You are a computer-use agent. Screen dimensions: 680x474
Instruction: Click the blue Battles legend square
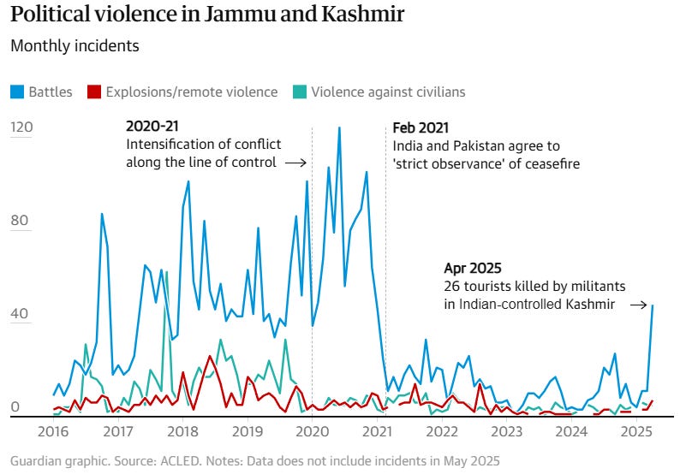[x=17, y=92]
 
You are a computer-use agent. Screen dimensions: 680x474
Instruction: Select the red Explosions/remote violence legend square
[x=94, y=92]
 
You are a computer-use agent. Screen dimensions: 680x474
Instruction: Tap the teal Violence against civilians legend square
[x=300, y=92]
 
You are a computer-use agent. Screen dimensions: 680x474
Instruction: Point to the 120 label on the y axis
[x=21, y=127]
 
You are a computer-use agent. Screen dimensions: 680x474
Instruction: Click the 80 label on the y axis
[x=20, y=220]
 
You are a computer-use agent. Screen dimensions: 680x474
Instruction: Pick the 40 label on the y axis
[x=20, y=313]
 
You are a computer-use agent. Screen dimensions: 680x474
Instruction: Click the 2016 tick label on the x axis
[x=53, y=431]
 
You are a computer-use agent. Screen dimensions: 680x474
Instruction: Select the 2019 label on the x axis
[x=248, y=431]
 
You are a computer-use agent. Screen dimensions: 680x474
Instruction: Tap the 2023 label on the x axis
[x=506, y=431]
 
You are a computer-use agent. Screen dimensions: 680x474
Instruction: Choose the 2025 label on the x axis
[x=635, y=431]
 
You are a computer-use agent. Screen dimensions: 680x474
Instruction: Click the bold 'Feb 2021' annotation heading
[x=421, y=127]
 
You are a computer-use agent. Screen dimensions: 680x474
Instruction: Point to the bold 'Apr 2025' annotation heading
[x=473, y=268]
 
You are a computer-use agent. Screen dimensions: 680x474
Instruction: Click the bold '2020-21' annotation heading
[x=152, y=126]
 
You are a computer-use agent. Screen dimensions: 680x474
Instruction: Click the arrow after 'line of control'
[x=295, y=163]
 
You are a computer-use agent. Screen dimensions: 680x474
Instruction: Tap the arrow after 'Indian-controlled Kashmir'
[x=639, y=305]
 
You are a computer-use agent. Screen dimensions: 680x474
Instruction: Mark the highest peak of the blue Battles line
[x=339, y=127]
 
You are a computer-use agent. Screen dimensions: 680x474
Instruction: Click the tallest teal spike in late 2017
[x=166, y=272]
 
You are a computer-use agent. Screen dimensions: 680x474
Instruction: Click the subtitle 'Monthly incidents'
[x=75, y=46]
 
